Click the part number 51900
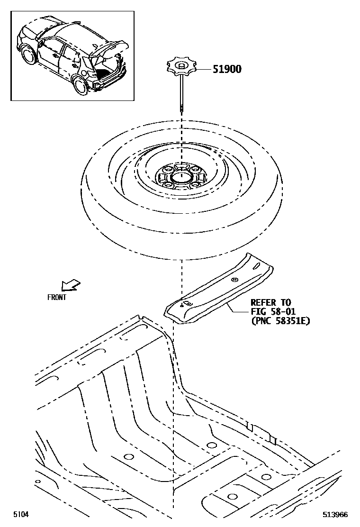point(226,69)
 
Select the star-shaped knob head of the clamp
point(180,66)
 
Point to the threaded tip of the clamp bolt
point(182,110)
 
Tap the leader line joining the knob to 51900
point(202,69)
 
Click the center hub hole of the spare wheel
point(180,177)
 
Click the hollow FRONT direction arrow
point(70,285)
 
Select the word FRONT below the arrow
point(57,298)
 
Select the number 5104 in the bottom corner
point(20,514)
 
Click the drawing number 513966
point(335,514)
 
